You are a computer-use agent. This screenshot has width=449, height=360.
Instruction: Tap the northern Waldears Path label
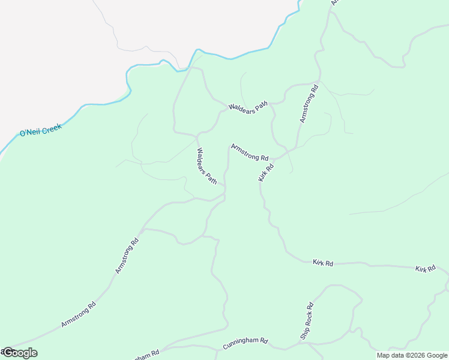(x=247, y=108)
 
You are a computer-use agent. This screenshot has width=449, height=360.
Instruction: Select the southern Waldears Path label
(x=206, y=166)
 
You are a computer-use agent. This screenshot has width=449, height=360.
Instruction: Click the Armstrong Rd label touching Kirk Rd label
(x=249, y=152)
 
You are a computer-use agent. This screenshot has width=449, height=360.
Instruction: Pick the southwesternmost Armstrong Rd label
(x=79, y=314)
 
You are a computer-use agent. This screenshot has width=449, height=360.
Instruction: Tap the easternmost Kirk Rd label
(x=425, y=269)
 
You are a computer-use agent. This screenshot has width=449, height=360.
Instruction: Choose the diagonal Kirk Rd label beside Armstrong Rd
(x=266, y=172)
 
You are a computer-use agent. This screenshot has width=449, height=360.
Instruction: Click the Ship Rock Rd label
(x=307, y=320)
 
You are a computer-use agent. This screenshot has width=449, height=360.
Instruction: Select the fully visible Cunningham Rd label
(x=245, y=343)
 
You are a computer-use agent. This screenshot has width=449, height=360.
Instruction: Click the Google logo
(x=19, y=353)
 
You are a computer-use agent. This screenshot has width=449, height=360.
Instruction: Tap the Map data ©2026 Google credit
(x=412, y=355)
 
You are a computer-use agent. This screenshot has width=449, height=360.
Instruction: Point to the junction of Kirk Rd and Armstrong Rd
(x=276, y=158)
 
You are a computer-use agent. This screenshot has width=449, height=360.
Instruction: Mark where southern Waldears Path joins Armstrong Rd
(x=224, y=186)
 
